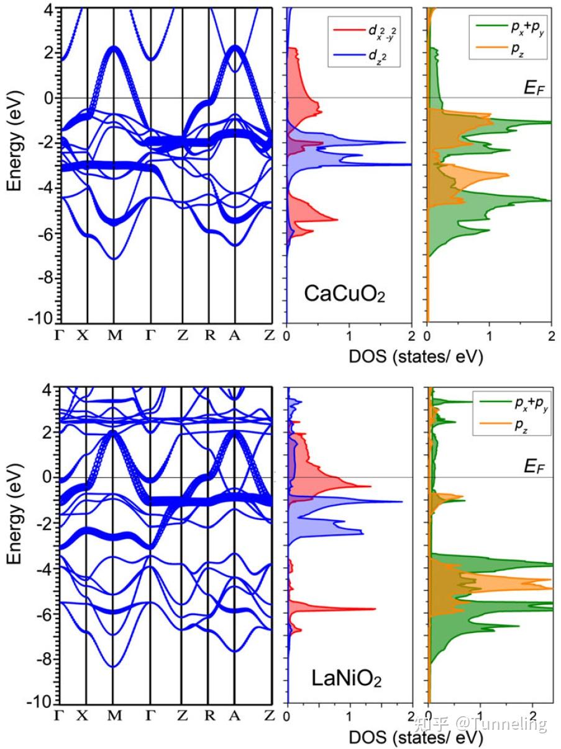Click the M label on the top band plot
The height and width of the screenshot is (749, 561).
click(114, 335)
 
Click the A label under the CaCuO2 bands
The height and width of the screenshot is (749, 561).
click(234, 335)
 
